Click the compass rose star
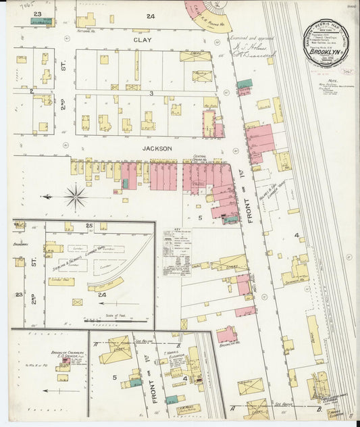pos(76,197)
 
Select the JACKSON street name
pos(157,148)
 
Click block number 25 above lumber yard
pos(89,224)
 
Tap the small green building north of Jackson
pos(244,83)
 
